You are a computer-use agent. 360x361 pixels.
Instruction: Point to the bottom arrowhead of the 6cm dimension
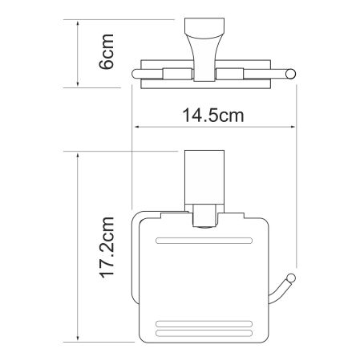click(77, 83)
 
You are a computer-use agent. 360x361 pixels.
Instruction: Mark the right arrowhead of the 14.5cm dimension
click(296, 128)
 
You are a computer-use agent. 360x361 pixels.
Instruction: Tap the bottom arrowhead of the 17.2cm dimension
click(77, 336)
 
